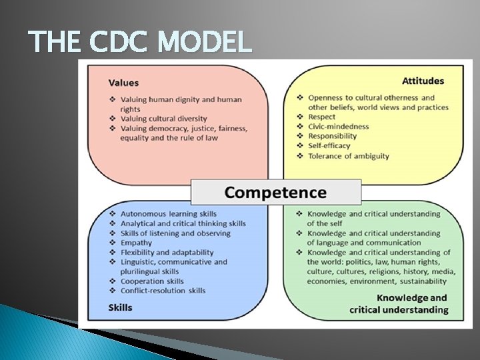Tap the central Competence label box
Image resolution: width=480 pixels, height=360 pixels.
tap(275, 193)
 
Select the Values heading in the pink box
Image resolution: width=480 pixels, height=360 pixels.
tap(123, 83)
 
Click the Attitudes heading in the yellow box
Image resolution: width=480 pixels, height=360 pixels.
tap(423, 81)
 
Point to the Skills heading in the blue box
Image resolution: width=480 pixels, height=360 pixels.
tap(120, 307)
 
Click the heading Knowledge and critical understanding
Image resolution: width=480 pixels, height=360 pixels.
tap(400, 304)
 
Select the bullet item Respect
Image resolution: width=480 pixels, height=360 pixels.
tap(322, 117)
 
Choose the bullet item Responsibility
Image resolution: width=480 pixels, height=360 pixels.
tap(332, 136)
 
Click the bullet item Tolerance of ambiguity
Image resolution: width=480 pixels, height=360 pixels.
tap(348, 156)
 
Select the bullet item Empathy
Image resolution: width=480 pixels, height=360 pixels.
tap(136, 243)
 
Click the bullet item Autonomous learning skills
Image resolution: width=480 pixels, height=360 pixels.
tap(168, 214)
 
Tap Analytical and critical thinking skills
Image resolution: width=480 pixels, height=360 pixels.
tap(183, 223)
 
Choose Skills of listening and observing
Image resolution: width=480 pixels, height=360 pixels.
tap(175, 233)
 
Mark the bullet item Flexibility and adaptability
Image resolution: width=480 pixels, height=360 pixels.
tap(167, 253)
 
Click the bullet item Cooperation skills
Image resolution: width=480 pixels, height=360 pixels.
tap(153, 281)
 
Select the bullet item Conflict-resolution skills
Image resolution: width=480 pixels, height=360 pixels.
tap(163, 291)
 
